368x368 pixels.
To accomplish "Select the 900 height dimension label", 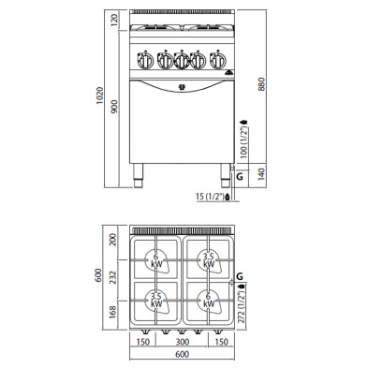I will click(114, 107).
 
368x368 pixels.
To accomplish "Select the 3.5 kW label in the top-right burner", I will click(211, 257).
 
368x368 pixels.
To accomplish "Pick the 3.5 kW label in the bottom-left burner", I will click(157, 300).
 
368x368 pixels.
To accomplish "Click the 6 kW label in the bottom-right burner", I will click(211, 300).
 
